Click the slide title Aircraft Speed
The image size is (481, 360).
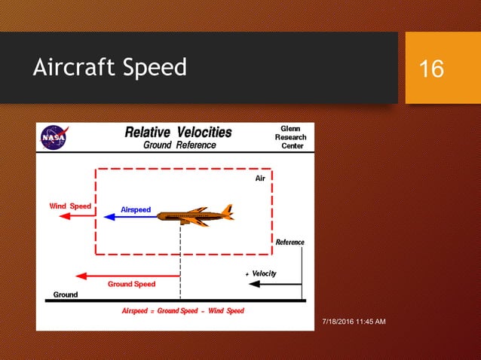point(110,68)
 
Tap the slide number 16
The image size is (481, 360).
point(431,69)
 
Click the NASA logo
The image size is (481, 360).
point(53,138)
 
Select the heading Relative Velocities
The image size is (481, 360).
point(178,132)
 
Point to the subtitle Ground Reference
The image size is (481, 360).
point(179,145)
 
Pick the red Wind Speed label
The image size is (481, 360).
point(70,206)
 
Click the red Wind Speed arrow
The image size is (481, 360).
point(76,216)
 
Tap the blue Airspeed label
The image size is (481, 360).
point(136,209)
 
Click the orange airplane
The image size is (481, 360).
point(195,215)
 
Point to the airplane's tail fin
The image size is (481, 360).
point(226,210)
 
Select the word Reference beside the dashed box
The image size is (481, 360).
point(290,242)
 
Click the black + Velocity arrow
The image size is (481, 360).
point(275,285)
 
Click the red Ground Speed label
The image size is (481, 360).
point(131,285)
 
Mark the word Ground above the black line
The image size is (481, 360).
point(66,294)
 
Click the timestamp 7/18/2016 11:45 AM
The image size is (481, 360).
point(354,322)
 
